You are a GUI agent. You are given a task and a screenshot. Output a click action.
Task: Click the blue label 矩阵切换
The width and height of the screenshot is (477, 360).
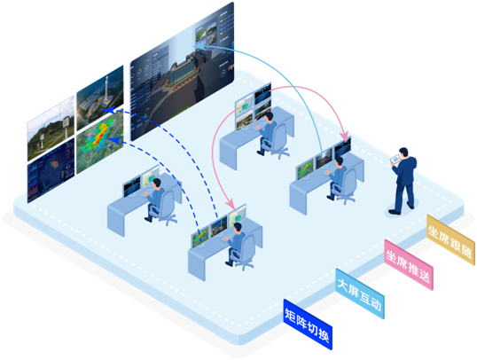(x=308, y=325)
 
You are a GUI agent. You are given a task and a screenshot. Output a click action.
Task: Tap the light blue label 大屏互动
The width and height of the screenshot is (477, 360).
(x=360, y=293)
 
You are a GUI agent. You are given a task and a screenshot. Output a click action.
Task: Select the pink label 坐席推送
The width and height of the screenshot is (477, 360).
(x=408, y=265)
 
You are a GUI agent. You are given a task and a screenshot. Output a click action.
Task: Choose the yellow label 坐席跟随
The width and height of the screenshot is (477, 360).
(x=450, y=239)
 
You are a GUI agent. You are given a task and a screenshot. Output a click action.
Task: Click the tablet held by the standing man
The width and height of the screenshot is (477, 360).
(x=395, y=159)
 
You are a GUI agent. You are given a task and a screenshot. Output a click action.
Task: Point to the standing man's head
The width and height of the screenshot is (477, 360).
(x=403, y=153)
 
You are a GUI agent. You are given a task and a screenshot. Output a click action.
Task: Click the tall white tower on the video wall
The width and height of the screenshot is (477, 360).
(x=106, y=90)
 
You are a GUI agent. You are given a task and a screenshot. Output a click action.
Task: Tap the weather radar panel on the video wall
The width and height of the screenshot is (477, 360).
(x=100, y=141)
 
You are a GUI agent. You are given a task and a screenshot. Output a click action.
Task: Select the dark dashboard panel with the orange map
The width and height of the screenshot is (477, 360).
(x=51, y=170)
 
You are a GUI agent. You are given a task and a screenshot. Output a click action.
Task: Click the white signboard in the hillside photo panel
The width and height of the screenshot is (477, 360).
(x=66, y=123)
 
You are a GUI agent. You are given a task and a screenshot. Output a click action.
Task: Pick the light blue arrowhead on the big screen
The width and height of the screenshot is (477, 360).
(x=198, y=46)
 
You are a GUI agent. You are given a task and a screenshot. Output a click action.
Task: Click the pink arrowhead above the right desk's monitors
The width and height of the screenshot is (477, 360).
(x=344, y=136)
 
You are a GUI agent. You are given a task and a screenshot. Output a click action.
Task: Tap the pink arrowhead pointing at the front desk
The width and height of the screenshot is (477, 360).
(x=230, y=203)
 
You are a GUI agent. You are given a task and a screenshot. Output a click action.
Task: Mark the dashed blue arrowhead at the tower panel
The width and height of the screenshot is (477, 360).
(x=108, y=110)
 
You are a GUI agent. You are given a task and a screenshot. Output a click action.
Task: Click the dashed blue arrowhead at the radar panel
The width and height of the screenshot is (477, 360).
(x=115, y=141)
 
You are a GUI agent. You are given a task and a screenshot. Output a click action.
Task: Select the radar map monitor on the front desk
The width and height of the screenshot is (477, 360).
(x=199, y=237)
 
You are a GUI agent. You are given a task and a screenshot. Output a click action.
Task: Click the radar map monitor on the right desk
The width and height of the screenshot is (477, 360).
(x=305, y=168)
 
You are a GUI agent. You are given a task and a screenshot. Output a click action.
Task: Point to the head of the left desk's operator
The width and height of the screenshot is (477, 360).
(x=157, y=184)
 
